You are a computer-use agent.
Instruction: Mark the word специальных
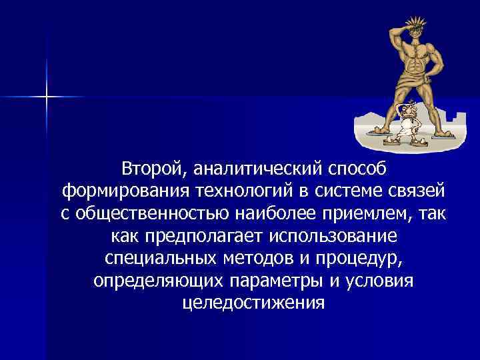click(159, 259)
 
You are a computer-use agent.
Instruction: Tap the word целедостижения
click(253, 303)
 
